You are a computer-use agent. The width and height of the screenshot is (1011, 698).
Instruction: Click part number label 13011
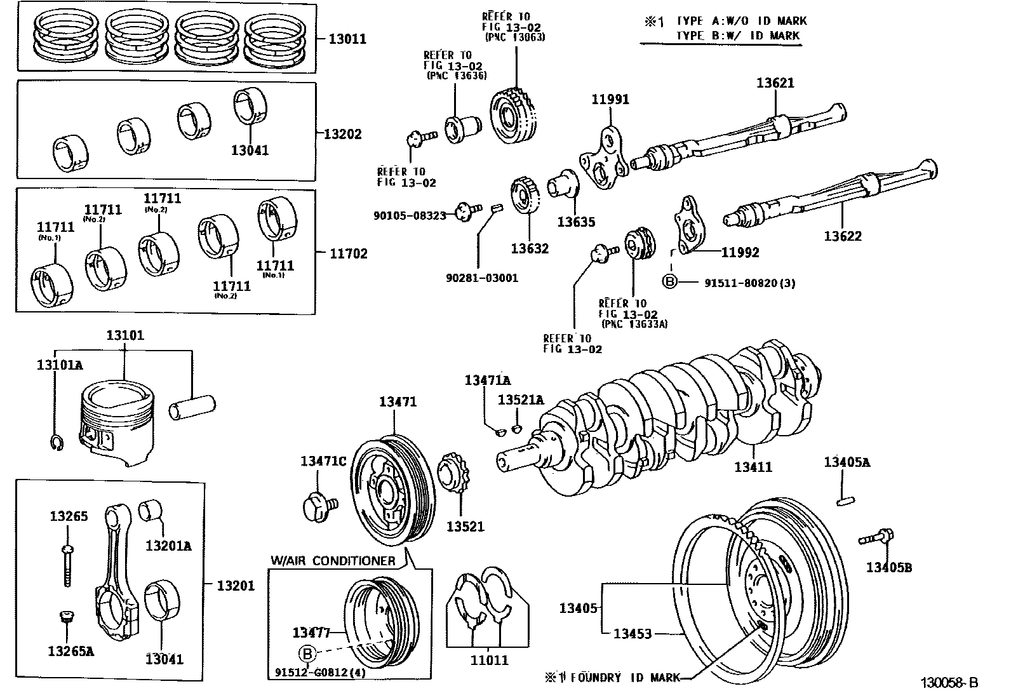347,39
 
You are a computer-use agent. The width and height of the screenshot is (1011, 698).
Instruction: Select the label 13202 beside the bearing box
342,134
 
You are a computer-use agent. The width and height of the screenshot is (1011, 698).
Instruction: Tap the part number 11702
348,253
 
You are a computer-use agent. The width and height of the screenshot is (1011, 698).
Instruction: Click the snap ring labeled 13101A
55,443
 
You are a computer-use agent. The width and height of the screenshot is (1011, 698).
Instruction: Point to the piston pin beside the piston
192,407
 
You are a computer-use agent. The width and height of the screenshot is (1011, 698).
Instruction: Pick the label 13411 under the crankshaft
753,467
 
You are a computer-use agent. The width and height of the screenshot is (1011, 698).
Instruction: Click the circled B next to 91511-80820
670,281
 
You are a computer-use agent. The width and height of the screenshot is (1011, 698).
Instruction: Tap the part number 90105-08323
410,216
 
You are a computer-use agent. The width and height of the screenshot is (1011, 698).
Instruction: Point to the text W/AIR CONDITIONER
332,561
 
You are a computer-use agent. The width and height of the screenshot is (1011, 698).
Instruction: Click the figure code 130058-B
949,683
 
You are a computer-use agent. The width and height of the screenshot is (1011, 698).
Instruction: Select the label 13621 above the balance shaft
775,83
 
